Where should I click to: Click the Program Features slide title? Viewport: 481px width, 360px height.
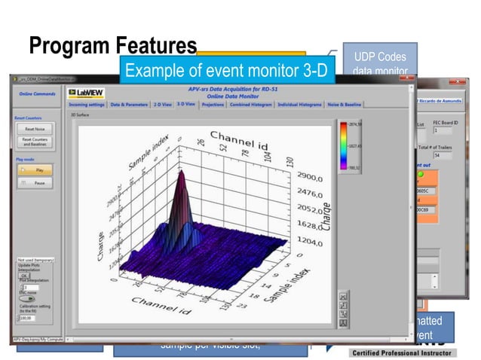(113, 47)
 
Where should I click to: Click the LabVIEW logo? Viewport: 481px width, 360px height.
(86, 93)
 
